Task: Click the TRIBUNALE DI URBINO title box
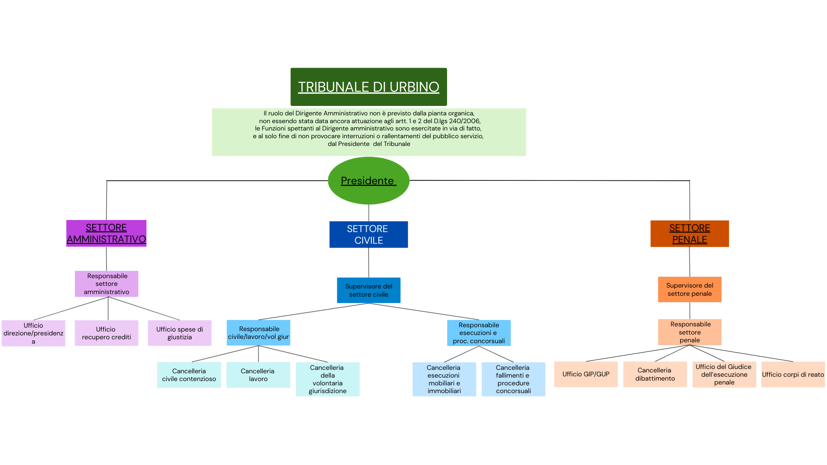pos(369,87)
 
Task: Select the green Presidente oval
pos(368,180)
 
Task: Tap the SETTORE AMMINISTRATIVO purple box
pos(106,233)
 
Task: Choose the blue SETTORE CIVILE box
pos(368,234)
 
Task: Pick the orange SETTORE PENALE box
pos(689,233)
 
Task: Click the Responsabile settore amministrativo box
pos(106,284)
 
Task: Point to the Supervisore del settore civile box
pos(368,290)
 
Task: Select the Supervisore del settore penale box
pos(689,289)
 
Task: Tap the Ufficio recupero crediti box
pos(106,333)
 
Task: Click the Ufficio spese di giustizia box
pos(180,333)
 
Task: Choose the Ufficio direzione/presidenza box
pos(33,333)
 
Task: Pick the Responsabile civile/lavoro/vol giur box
pos(258,332)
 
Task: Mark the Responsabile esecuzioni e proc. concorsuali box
pos(479,333)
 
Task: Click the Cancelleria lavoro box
pos(258,375)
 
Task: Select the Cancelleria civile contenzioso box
pos(189,375)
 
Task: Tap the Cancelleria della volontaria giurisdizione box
pos(327,379)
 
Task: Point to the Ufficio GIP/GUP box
pos(586,374)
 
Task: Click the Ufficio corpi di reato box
pos(793,374)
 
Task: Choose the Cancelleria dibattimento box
pos(655,374)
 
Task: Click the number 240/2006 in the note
pos(464,121)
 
